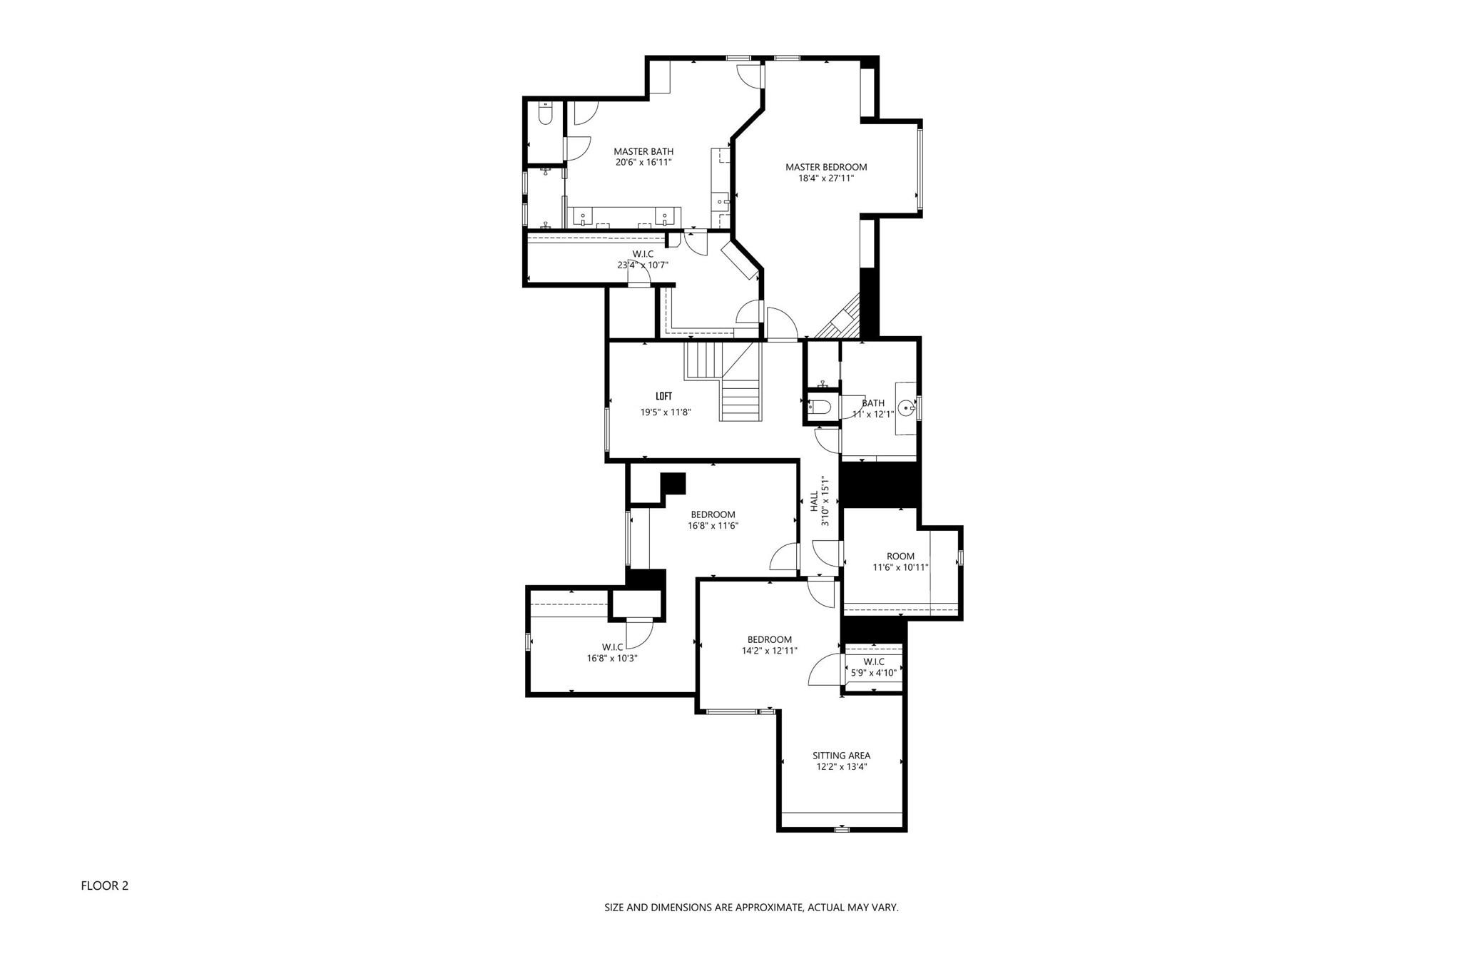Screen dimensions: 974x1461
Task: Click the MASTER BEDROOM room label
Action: coord(826,168)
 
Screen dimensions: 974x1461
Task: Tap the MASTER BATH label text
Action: coord(643,152)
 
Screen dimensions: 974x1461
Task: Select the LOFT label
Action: coord(663,397)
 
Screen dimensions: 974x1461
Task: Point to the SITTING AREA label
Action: coord(841,756)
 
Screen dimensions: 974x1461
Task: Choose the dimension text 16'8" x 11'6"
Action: coord(713,526)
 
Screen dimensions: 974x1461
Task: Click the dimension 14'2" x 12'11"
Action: coord(769,651)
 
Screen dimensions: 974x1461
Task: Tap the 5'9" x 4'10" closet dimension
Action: coord(873,672)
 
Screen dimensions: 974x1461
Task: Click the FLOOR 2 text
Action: coord(104,886)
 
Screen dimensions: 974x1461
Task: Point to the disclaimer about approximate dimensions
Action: coord(751,908)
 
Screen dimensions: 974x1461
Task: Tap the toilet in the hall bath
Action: coord(820,407)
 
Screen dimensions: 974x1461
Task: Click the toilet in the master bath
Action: coord(546,114)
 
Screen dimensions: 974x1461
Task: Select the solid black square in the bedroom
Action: coord(673,484)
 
